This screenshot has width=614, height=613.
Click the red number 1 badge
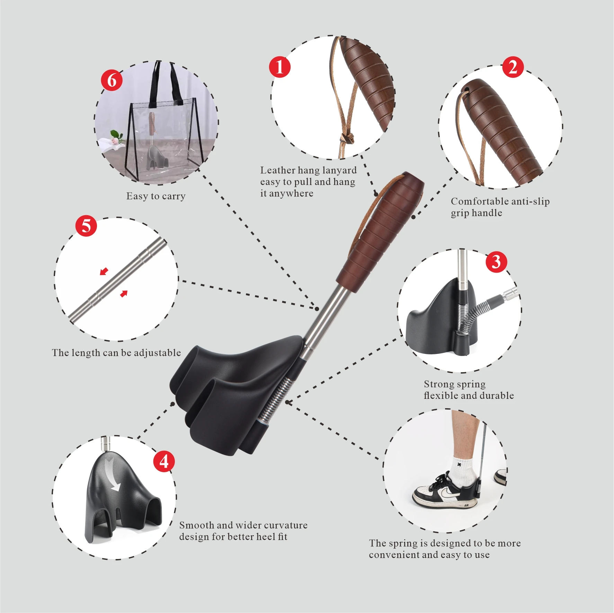(279, 67)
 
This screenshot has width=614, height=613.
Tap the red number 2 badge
(513, 67)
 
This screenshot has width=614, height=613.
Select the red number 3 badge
(496, 262)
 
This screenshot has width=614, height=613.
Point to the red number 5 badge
(86, 226)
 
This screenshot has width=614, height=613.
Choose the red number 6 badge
(112, 80)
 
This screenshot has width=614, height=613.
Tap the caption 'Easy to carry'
(156, 196)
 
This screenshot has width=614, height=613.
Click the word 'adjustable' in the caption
(157, 353)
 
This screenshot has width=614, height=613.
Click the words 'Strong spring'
(454, 384)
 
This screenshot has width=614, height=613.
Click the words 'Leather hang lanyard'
(308, 170)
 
